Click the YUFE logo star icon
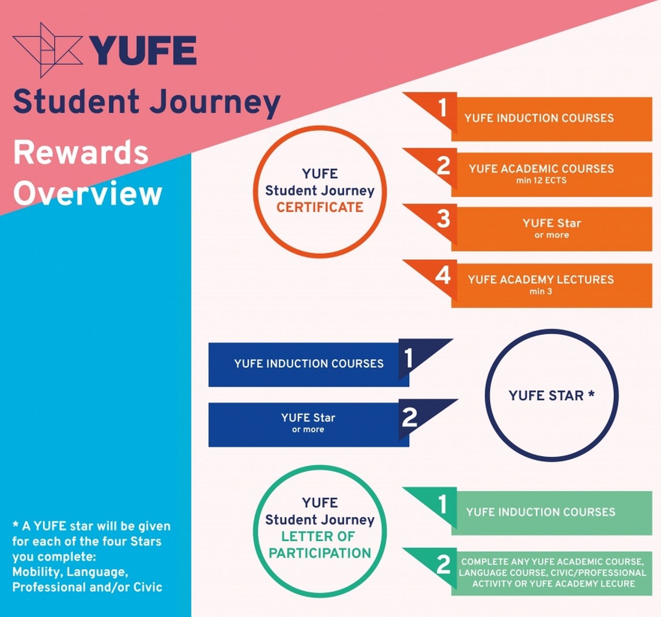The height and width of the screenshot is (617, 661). (x=47, y=50)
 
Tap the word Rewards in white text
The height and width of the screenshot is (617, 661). (x=81, y=153)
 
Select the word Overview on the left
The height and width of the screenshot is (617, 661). (x=88, y=193)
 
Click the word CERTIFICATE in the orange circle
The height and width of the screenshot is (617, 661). (x=319, y=208)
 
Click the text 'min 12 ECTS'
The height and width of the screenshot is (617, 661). (x=541, y=180)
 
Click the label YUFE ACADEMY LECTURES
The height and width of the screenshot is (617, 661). (x=541, y=279)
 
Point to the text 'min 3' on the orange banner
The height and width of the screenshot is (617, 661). (x=541, y=291)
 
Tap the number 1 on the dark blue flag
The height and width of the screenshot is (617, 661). (x=408, y=358)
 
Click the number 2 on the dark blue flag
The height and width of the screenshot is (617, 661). (x=409, y=417)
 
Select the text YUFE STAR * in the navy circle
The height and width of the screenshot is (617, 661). (x=552, y=396)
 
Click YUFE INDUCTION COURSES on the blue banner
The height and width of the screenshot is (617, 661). (x=309, y=364)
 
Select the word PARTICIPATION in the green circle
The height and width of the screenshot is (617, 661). (x=319, y=554)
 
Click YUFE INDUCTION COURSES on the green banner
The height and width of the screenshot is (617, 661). (x=541, y=512)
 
